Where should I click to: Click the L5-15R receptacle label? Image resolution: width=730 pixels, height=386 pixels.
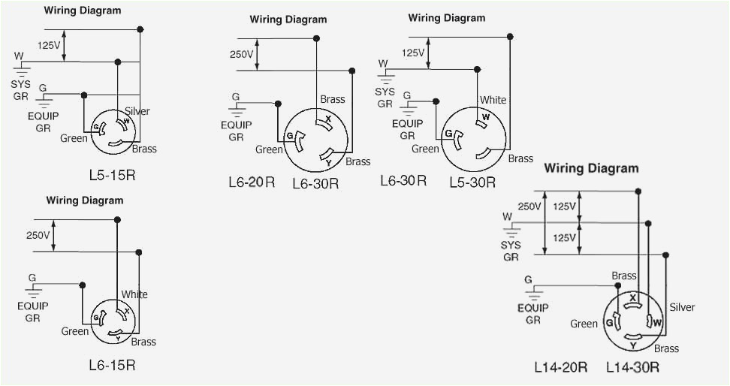(112, 176)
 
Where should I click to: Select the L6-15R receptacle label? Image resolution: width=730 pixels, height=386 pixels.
(112, 365)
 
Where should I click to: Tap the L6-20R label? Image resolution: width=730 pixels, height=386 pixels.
(252, 181)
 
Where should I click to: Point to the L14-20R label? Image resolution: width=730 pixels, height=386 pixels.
(560, 367)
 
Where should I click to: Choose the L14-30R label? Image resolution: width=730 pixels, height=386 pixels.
(632, 367)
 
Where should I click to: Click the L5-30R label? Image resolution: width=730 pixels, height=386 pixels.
(472, 181)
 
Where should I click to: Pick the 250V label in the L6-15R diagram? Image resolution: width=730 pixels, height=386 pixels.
(38, 235)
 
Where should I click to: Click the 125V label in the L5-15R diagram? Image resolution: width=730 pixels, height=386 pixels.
(49, 45)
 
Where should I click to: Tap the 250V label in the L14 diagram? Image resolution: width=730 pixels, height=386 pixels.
(529, 207)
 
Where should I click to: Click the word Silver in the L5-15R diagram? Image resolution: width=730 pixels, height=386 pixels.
(137, 111)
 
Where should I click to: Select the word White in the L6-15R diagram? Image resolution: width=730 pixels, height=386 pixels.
(134, 294)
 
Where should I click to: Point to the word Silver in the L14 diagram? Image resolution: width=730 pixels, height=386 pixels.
(682, 307)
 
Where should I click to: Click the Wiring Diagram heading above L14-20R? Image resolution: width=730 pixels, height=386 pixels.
(591, 167)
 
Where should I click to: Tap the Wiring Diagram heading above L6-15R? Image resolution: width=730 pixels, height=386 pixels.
(85, 201)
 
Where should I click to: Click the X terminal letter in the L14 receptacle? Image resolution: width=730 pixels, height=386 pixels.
(633, 298)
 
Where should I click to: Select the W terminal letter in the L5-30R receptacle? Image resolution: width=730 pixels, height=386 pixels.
(487, 117)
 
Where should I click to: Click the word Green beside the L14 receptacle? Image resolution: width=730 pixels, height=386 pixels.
(584, 324)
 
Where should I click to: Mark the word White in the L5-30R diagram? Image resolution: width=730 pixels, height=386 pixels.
(493, 100)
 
